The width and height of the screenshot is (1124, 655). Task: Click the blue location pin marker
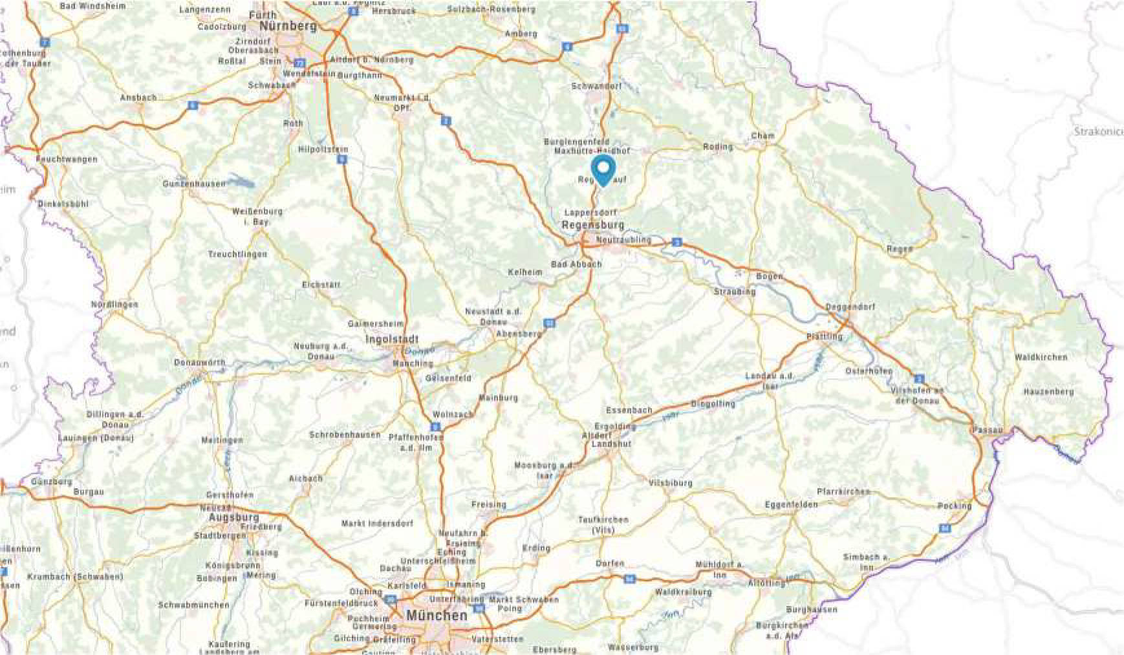coord(603,169)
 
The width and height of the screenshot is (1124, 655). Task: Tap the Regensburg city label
coord(593,225)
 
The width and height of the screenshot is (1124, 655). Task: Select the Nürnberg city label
coord(288,27)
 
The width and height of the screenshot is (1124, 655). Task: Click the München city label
coord(437,616)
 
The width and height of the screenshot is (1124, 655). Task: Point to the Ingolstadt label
coord(392,339)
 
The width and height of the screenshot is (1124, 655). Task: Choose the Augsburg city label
coord(233,517)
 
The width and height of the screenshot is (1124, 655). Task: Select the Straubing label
coord(735,292)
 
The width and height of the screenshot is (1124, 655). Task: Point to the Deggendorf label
coord(850,306)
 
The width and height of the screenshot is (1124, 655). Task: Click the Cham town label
coord(762,136)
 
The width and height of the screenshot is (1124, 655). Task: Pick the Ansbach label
coord(138,98)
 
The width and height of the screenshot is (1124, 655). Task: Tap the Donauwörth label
coord(199,363)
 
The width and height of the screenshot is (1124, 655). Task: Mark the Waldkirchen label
coord(1041,357)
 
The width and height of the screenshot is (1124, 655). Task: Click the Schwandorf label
coord(596,86)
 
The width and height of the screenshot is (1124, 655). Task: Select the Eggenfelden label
coord(791,504)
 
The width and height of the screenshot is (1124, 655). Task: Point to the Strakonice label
coord(1098,132)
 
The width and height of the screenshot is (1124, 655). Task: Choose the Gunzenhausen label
coord(194,184)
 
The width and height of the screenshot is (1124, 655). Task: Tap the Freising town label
coord(488,504)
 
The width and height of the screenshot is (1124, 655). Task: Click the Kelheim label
coord(525,272)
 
